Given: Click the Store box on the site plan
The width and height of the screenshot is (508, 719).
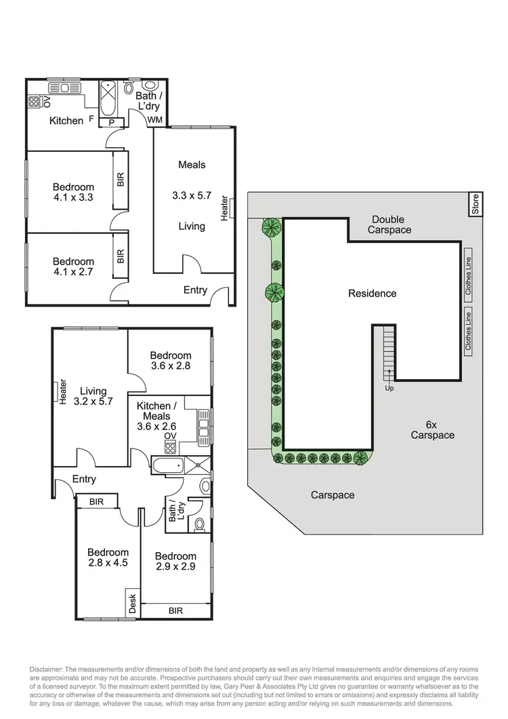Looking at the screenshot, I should click(x=475, y=205).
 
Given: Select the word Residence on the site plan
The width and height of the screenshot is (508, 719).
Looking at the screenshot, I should click(x=372, y=294).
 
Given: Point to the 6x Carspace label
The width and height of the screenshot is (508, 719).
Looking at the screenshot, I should click(x=432, y=430).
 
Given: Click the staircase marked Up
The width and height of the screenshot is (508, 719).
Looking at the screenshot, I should click(x=389, y=351).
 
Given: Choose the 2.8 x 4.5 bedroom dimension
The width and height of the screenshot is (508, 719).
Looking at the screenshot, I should click(x=108, y=563).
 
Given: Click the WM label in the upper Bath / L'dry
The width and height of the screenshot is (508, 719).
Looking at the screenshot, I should click(x=156, y=120).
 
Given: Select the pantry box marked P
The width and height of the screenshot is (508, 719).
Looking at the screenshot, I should click(x=111, y=122).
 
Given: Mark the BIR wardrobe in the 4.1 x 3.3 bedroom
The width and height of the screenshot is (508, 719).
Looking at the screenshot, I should click(x=121, y=180).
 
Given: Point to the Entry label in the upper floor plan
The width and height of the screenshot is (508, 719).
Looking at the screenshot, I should click(x=195, y=290).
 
